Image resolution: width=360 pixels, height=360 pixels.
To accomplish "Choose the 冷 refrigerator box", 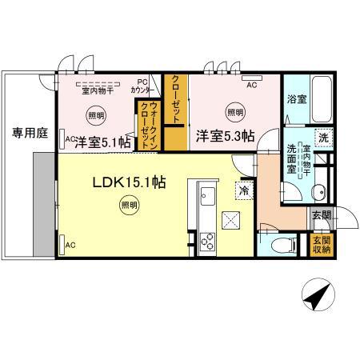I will (241, 190).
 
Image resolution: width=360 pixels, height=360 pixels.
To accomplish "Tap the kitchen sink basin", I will (206, 195).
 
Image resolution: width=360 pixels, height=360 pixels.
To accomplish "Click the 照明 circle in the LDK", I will (128, 206).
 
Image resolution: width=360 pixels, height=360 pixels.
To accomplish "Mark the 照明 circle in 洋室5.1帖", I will (96, 115).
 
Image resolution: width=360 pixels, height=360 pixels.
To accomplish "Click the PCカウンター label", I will (142, 85).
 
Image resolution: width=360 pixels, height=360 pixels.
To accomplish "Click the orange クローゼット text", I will (174, 98).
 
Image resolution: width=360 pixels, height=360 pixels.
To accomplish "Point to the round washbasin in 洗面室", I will (318, 190).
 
